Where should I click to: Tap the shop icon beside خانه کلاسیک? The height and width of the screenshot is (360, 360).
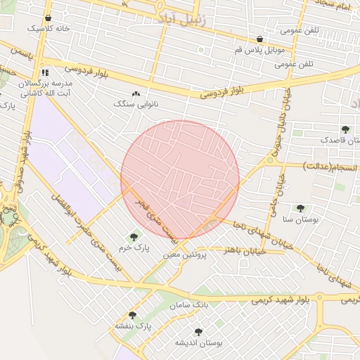[x=48, y=18]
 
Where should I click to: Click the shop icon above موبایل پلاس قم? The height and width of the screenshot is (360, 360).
[x=260, y=39]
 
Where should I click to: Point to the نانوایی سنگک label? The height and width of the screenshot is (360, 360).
[x=133, y=103]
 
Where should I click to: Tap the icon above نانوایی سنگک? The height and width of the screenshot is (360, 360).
[x=136, y=93]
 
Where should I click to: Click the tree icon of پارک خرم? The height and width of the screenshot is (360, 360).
[x=134, y=237]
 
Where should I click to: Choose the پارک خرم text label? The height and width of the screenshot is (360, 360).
[x=134, y=248]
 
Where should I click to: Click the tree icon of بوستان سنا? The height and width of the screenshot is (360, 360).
[x=300, y=208]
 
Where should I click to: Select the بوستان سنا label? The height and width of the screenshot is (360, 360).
[x=300, y=219]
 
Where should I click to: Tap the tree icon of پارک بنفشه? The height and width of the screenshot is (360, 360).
[x=132, y=315]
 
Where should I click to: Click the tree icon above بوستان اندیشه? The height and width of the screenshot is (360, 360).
[x=198, y=331]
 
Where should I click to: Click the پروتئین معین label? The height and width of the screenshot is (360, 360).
[x=186, y=255]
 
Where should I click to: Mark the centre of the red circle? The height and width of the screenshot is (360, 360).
[x=180, y=180]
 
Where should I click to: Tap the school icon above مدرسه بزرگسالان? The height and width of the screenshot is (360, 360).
[x=45, y=72]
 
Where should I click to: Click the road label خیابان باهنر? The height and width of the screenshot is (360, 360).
[x=243, y=250]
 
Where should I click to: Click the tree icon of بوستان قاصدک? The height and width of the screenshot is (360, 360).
[x=345, y=129]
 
